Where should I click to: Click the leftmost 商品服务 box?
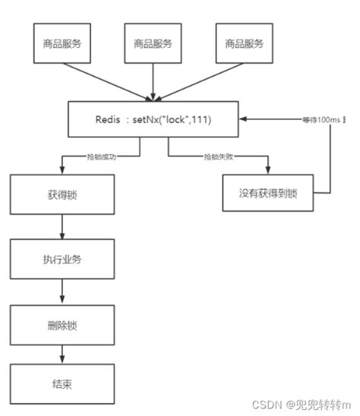62,43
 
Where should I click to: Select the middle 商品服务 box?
153,43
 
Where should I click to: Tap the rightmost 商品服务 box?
244,43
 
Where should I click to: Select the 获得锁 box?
62,195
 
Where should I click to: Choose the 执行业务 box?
62,259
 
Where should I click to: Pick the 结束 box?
62,383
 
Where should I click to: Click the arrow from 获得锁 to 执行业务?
62,227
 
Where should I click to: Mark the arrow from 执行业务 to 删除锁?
62,292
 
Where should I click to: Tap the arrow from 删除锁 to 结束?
62,354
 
